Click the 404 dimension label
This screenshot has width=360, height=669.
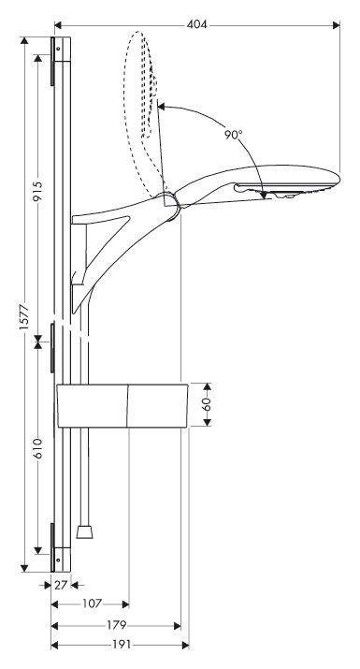tap(196, 24)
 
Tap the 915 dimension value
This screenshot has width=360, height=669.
tap(38, 192)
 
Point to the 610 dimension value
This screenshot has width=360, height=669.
tap(38, 448)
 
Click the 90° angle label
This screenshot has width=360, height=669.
tap(234, 135)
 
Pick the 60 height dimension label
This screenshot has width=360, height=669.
tap(207, 404)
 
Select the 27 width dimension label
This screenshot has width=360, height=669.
tap(61, 585)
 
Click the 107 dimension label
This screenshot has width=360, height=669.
tap(93, 604)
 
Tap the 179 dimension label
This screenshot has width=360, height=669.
tap(117, 625)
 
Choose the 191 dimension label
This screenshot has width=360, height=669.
tap(121, 645)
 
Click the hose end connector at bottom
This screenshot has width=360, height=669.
tap(84, 531)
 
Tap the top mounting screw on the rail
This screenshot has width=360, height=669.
tap(57, 49)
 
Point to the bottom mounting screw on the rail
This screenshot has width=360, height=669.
tap(57, 559)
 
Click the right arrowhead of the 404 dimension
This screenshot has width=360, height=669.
tap(337, 25)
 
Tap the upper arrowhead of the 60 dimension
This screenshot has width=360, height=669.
tap(207, 386)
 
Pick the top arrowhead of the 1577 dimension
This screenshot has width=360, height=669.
tap(24, 41)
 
